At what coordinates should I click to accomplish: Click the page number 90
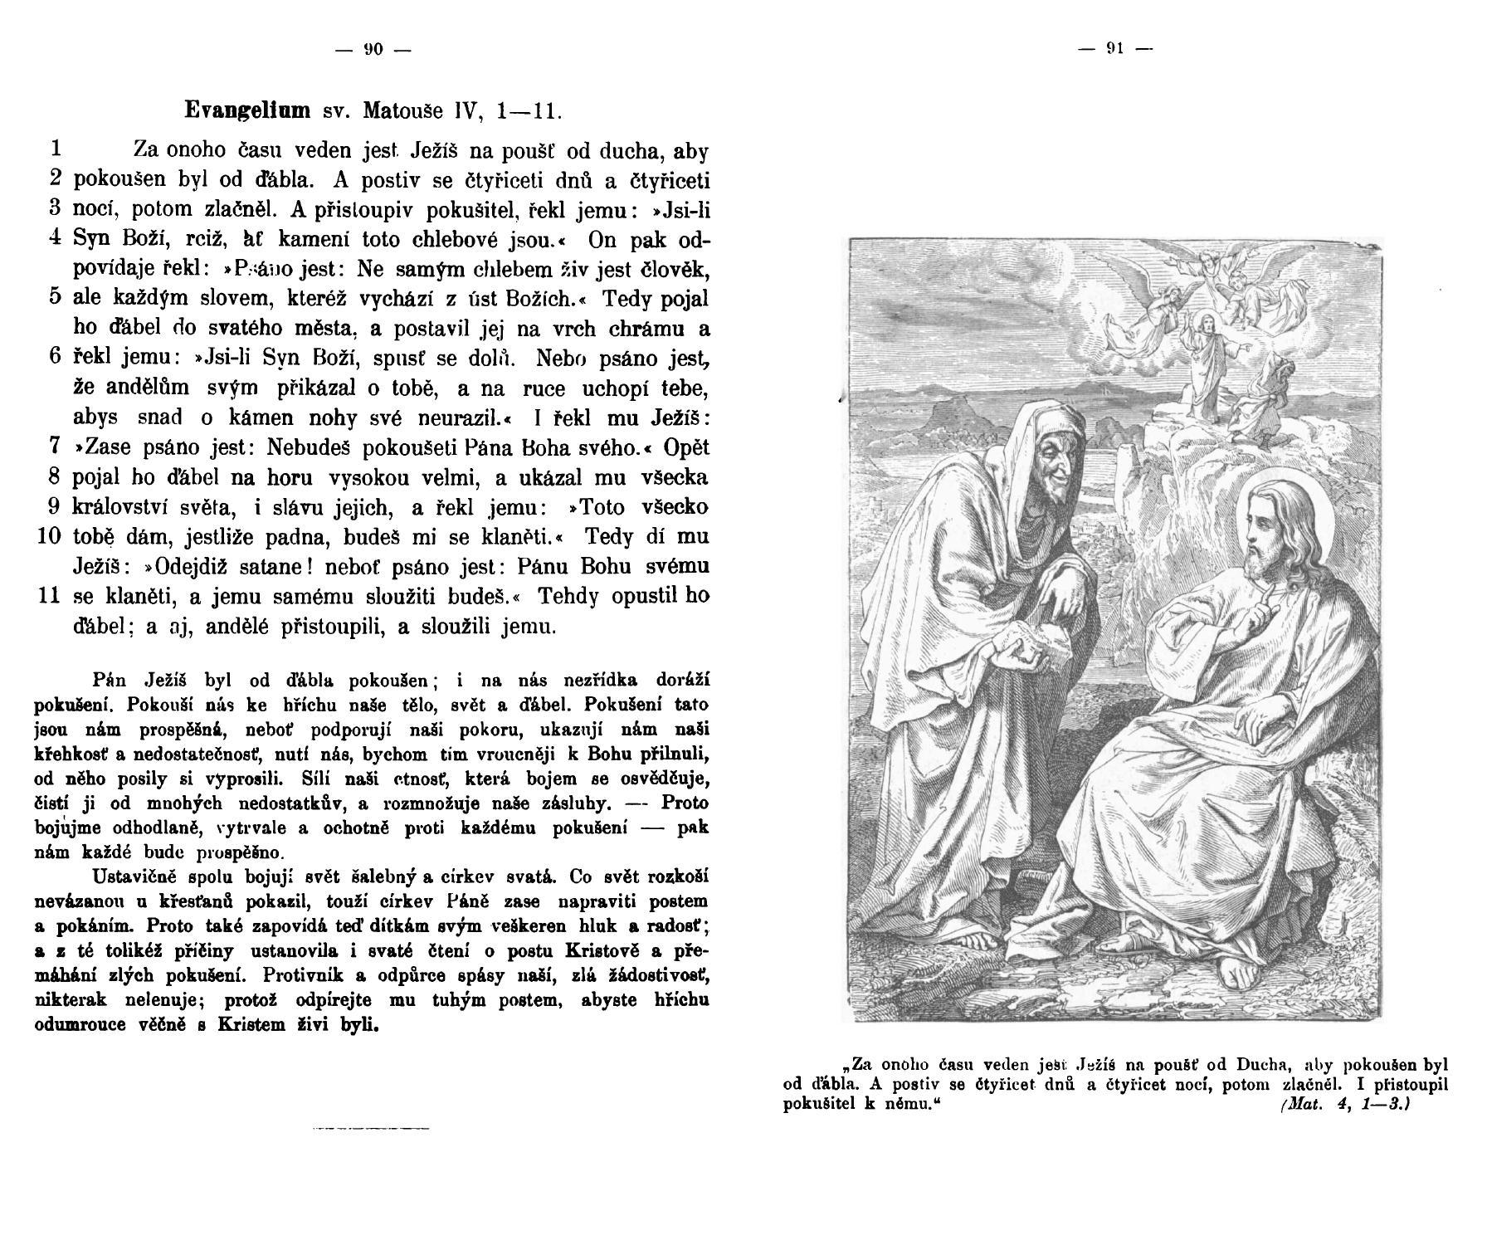pos(373,50)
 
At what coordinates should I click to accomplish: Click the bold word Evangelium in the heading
pos(247,110)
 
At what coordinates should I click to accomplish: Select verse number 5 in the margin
pos(55,297)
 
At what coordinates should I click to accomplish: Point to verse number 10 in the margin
pos(49,536)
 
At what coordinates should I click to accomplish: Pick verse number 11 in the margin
pos(49,596)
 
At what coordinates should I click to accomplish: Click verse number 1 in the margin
pos(55,149)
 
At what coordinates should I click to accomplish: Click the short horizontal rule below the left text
pos(371,1129)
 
